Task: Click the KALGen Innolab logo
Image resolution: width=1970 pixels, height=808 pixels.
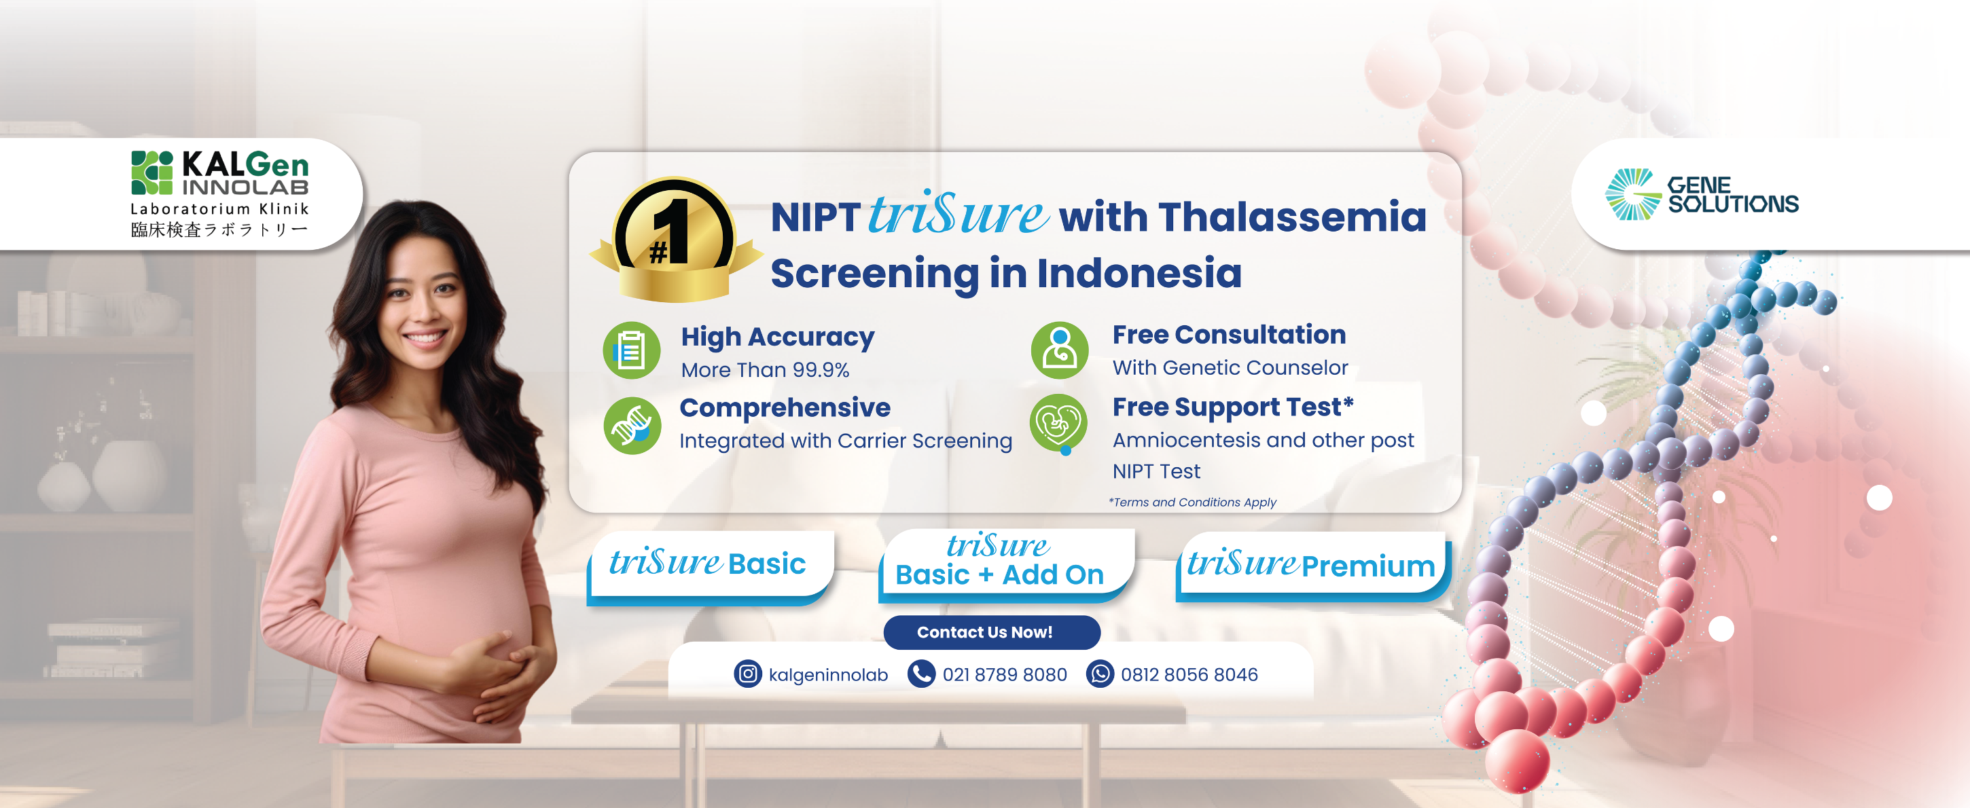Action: [220, 194]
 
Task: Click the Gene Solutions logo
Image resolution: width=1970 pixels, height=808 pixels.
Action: [1702, 194]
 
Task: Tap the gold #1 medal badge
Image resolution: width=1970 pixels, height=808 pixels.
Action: [675, 239]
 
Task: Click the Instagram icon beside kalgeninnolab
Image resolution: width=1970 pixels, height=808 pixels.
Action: [747, 674]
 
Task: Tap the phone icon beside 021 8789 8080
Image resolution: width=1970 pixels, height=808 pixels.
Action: [922, 674]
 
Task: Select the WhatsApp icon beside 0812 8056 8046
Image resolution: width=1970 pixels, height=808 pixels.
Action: [1100, 674]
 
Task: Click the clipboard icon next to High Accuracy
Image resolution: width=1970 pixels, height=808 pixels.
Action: [631, 350]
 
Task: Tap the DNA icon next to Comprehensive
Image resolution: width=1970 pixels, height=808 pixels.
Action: [632, 425]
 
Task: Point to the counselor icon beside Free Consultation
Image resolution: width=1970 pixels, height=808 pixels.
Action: [1059, 350]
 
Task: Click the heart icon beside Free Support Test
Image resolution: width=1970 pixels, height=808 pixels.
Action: [1059, 424]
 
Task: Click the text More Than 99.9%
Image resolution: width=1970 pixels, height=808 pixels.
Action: [765, 370]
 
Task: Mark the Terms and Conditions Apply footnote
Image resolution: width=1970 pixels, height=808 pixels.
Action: [1192, 502]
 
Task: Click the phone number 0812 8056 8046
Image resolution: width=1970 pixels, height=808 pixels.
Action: [1189, 674]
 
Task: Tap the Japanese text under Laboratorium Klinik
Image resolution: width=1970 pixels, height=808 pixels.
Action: [219, 229]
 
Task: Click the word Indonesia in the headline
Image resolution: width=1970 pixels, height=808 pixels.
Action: [1139, 274]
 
